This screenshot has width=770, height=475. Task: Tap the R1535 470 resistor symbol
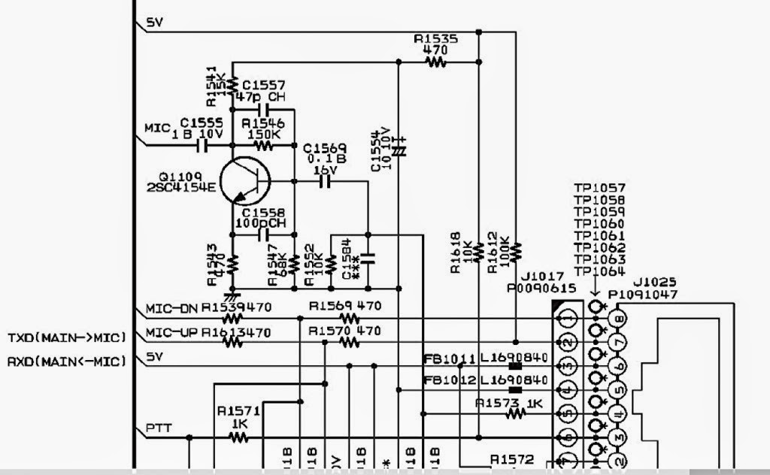tap(435, 63)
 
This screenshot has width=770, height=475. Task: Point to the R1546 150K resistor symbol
tap(262, 144)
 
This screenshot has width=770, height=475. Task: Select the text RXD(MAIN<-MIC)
tap(65, 362)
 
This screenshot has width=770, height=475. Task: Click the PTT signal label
tap(159, 428)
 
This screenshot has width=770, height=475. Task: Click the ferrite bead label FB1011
tap(449, 359)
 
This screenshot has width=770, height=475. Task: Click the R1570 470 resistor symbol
tap(349, 342)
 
